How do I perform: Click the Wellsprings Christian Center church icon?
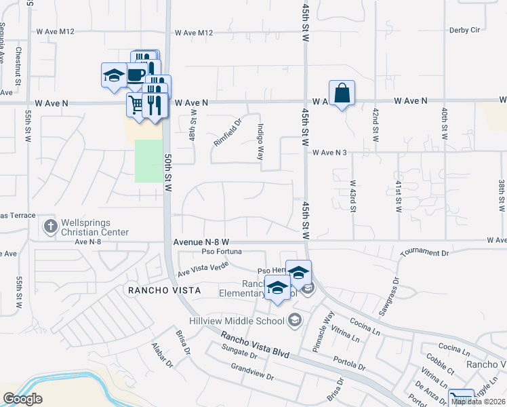[x=49, y=226]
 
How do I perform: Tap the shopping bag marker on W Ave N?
[x=342, y=94]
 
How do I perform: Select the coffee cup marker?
[x=135, y=73]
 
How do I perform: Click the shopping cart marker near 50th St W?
[x=136, y=106]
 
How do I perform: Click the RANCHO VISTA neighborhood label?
[x=163, y=290]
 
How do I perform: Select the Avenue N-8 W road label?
[x=201, y=241]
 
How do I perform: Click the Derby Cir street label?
[x=464, y=31]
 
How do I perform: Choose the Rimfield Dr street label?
[x=228, y=133]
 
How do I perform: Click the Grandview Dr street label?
[x=250, y=372]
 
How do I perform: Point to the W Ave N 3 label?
[x=329, y=153]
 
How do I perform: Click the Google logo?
[x=22, y=399]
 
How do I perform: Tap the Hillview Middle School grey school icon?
[x=294, y=319]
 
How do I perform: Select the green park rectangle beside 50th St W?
[x=148, y=161]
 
